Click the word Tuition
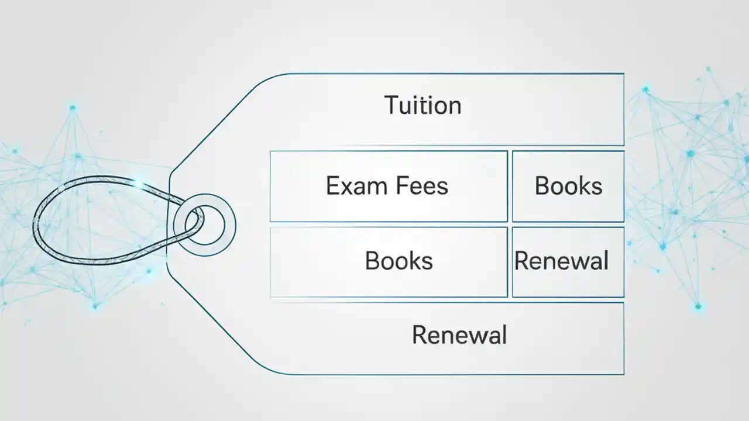click(x=423, y=106)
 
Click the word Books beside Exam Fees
click(x=568, y=186)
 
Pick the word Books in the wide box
click(x=398, y=261)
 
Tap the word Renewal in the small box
click(x=561, y=261)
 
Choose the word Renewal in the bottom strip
click(x=459, y=336)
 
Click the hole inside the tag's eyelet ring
click(x=205, y=225)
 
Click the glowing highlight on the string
click(x=139, y=185)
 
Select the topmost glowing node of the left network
click(x=73, y=108)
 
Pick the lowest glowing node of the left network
click(x=95, y=305)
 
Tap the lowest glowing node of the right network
click(x=698, y=306)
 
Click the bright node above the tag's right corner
click(x=645, y=89)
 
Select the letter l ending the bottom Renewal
click(x=503, y=335)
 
